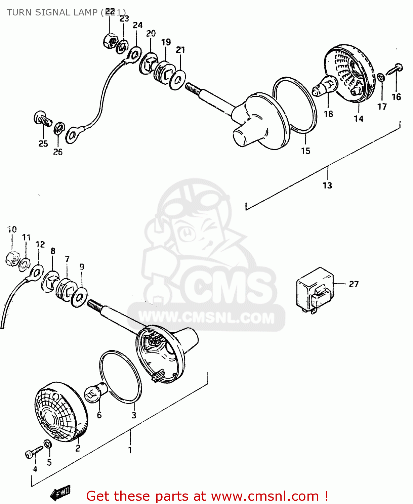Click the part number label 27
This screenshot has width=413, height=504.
tap(354, 284)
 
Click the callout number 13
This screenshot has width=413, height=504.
tap(327, 185)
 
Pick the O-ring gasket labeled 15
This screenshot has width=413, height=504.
tap(295, 104)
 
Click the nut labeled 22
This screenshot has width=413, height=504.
tap(110, 41)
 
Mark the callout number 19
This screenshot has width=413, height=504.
tap(166, 42)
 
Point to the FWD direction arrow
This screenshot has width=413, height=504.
tap(61, 493)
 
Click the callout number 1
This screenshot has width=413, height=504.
tap(130, 450)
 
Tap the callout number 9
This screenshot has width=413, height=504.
tap(82, 267)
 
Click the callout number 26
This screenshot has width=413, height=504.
tap(58, 152)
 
